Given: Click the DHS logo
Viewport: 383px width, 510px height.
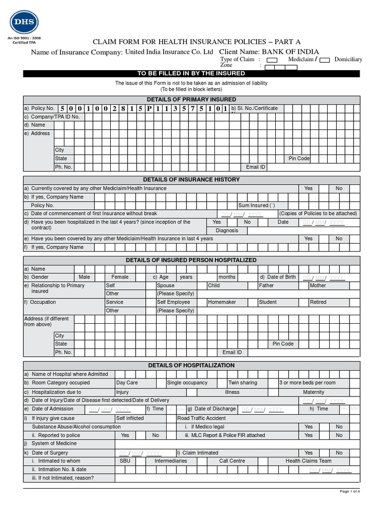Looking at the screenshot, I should point(23,23).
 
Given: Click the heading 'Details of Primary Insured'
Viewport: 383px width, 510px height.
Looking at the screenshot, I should point(191,100).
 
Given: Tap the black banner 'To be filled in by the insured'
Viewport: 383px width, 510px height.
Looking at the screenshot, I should point(191,73).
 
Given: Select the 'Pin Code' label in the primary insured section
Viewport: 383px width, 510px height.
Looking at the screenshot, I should point(299,158).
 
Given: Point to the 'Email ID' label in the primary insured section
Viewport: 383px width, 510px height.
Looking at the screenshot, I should point(256,167).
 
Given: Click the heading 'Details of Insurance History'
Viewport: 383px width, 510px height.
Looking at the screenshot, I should point(191,179).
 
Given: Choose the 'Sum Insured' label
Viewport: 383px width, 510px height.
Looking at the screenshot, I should point(256,205).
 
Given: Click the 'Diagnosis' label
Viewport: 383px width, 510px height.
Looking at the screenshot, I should point(227,231).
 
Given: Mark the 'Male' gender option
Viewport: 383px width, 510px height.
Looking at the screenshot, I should point(84,277).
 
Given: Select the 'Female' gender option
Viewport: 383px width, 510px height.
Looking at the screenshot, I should point(120,277).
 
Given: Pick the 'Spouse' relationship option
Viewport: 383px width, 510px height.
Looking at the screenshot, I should point(166,285).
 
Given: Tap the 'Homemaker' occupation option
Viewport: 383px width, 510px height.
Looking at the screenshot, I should point(222,302).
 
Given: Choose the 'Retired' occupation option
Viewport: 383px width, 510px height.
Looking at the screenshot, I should point(318,302).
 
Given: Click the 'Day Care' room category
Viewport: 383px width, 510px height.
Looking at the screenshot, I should point(127,382).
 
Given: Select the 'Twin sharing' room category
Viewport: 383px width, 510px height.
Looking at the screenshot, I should point(243,382).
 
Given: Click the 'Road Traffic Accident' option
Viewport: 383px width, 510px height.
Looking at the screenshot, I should point(201,418).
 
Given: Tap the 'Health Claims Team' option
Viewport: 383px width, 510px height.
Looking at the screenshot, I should point(308,461).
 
